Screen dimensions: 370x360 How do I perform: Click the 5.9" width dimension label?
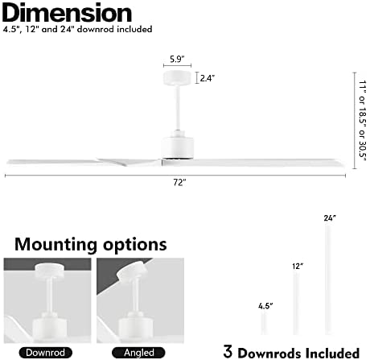coord(177,59)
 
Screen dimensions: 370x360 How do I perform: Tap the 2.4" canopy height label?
coord(208,78)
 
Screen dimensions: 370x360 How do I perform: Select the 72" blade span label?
coord(179,183)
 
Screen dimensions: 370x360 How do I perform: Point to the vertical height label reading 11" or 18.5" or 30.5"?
coord(363,121)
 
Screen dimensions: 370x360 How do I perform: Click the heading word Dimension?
coord(67,13)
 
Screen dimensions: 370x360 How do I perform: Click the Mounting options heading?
coord(91,245)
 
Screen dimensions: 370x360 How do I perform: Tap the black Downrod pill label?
coord(46,353)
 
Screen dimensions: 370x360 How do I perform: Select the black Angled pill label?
coord(138,353)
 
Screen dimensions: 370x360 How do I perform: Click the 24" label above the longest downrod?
coord(330,218)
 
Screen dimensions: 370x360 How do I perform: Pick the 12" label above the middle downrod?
coord(298,266)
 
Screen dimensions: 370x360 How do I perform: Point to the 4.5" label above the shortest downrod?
coord(265,306)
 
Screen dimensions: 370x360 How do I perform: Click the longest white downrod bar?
coord(328,279)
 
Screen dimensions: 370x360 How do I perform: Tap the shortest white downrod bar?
coord(265,323)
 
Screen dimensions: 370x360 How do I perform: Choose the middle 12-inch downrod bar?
coord(296,304)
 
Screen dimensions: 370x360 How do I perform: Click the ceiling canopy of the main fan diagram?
coord(177,78)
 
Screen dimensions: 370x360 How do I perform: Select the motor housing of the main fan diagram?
coord(177,147)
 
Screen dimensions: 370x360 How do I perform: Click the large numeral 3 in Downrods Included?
coord(228,351)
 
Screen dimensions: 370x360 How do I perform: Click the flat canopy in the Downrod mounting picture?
coord(50,271)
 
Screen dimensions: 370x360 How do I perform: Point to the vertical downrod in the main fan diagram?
coord(177,108)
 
